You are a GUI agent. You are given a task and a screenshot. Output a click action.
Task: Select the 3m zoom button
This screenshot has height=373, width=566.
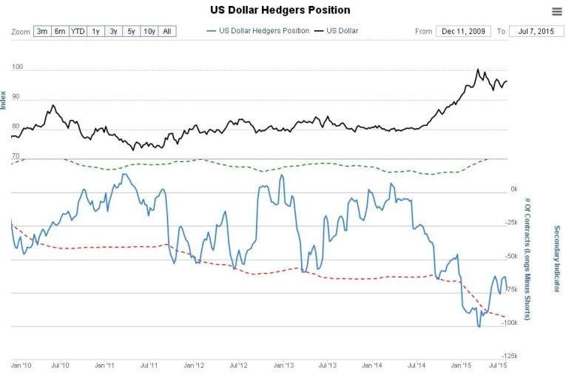tap(42, 31)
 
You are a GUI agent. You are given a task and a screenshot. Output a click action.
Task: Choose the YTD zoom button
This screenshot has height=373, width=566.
tap(78, 31)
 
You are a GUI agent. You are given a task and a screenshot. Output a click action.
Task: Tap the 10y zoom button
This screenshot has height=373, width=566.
tap(149, 31)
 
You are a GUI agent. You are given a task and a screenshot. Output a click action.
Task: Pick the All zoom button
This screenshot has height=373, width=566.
tap(167, 31)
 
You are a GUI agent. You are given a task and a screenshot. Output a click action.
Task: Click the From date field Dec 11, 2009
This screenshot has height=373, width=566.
tap(462, 31)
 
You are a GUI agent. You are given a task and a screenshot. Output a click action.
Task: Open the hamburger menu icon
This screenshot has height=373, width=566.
tap(556, 10)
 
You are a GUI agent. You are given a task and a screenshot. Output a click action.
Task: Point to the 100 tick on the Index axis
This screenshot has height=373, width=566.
tap(17, 67)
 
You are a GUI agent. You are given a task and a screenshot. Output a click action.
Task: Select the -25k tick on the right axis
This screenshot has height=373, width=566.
tap(509, 223)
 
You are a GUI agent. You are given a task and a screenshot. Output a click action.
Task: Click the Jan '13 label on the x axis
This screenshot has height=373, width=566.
tap(283, 365)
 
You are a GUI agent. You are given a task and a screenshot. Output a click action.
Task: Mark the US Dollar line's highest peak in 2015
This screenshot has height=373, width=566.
tap(478, 70)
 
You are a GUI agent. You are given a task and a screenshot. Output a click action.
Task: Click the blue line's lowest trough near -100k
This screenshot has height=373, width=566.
tap(479, 326)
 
